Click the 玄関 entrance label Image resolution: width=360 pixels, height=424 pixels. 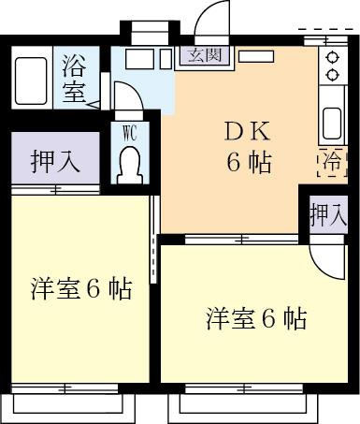(x=205, y=55)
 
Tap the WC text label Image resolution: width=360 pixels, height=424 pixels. (x=130, y=134)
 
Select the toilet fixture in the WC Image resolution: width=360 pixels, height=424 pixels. (x=130, y=166)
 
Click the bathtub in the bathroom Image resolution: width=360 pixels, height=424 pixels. (x=31, y=80)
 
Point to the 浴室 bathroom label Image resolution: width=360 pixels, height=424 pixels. (x=74, y=79)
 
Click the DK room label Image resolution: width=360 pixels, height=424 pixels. (x=247, y=132)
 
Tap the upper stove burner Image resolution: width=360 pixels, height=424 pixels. (x=332, y=58)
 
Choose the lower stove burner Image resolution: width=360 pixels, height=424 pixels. (x=332, y=75)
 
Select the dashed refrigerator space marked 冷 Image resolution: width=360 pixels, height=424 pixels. (x=332, y=163)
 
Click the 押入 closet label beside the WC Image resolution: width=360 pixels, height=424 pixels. (x=55, y=161)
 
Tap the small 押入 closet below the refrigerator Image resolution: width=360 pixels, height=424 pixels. (x=328, y=215)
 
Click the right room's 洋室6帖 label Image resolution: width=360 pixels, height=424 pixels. (x=256, y=318)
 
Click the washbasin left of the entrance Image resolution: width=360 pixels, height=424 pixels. (x=139, y=59)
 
